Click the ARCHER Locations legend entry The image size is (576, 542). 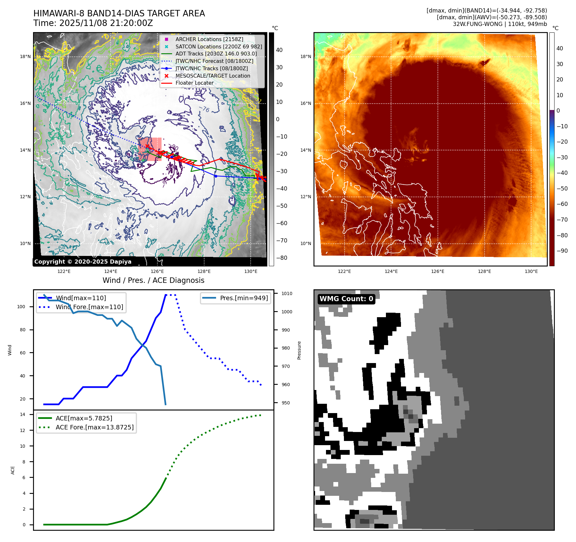(209, 39)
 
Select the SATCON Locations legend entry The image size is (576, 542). (219, 47)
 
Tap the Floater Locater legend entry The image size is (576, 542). (194, 83)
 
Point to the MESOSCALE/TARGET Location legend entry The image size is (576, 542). (213, 76)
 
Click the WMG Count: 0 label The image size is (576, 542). (346, 299)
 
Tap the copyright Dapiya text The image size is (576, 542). (83, 262)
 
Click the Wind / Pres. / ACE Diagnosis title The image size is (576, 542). (153, 280)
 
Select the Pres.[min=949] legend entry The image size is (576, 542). (244, 298)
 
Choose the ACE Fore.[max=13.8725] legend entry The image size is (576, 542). (95, 427)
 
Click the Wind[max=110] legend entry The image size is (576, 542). (81, 298)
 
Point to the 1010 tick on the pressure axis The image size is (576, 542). (287, 293)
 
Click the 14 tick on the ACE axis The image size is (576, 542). (22, 414)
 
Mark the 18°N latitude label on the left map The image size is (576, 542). (25, 57)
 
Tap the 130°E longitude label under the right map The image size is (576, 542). (531, 271)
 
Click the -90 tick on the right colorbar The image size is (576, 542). (562, 251)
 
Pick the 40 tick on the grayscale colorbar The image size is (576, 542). (279, 50)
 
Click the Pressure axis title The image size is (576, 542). (299, 350)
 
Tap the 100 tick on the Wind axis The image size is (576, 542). (21, 307)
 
